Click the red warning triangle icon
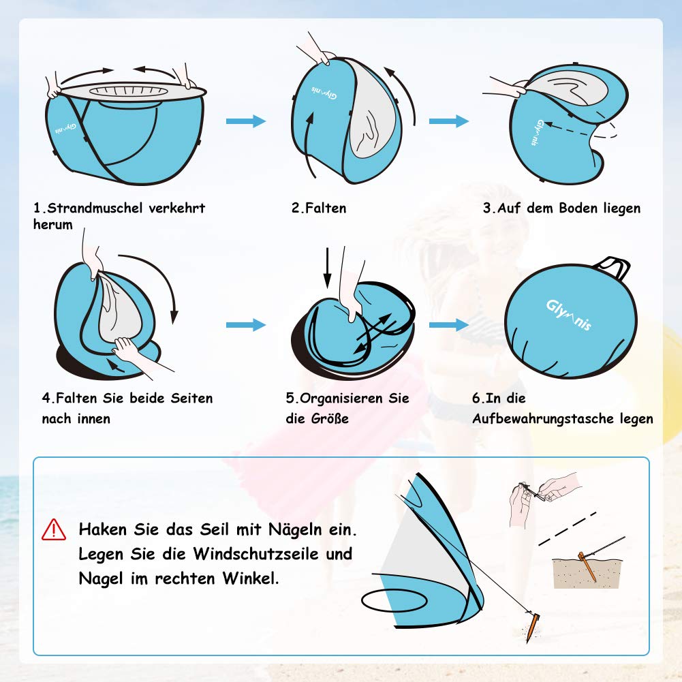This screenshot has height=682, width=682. [54, 530]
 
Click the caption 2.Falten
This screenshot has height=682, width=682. [319, 208]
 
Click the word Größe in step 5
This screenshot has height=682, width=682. [330, 418]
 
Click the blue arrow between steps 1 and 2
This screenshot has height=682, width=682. [246, 121]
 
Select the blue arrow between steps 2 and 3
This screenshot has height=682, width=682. [449, 121]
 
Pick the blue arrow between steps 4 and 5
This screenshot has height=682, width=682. [246, 324]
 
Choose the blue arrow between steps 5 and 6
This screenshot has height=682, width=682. [449, 324]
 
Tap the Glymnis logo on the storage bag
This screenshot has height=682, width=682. [568, 315]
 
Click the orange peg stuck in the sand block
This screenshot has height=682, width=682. [587, 567]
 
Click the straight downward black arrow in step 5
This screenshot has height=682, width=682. [328, 268]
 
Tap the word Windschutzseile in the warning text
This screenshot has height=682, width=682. [255, 554]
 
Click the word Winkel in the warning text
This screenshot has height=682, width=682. [251, 578]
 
